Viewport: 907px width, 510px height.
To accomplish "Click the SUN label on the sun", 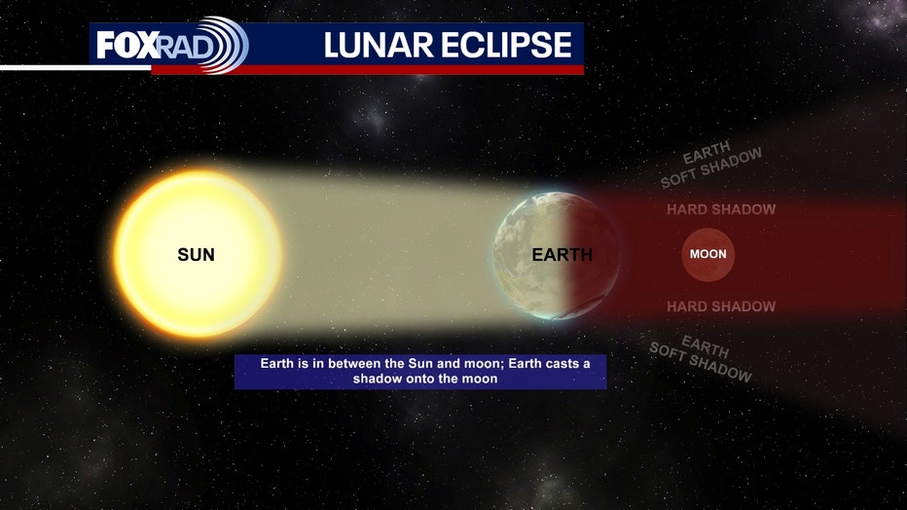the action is pos(196,254).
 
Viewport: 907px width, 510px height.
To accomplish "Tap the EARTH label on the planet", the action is pos(562,254).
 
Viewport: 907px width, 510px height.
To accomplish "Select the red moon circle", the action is pos(708,254).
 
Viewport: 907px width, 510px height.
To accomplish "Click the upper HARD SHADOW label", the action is pos(721,209).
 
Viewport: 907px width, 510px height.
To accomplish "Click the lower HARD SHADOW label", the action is pos(721,307).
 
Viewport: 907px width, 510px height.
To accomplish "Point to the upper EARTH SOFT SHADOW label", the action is pos(711,164).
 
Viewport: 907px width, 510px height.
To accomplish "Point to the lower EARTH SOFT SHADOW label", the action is pos(701,358).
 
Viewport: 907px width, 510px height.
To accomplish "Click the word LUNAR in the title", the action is pos(379,45).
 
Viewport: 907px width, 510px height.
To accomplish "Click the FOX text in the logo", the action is pos(127,45).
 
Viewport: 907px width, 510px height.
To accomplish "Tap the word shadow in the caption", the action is pos(378,379).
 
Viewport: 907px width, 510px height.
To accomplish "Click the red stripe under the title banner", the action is pos(367,69).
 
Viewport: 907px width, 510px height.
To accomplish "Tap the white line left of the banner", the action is pos(75,68).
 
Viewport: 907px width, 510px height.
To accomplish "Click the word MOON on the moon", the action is pos(708,254).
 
